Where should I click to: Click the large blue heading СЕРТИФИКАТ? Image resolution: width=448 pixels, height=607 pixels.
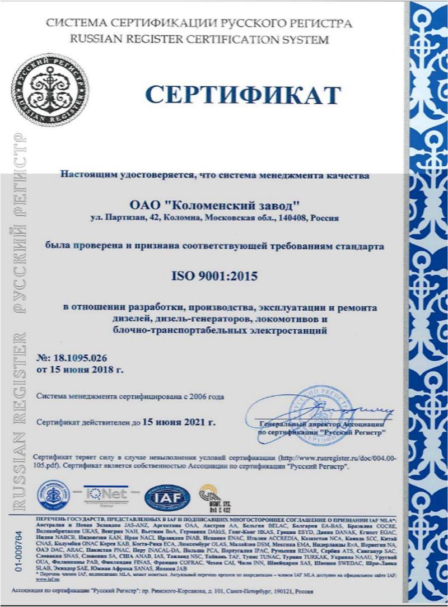point(242,95)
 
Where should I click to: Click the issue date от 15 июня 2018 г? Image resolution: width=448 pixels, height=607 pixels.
point(80,369)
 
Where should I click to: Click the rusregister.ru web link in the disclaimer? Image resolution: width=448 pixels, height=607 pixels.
point(347,457)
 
